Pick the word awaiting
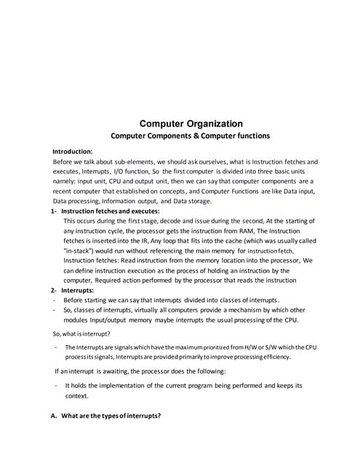[x=110, y=371]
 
